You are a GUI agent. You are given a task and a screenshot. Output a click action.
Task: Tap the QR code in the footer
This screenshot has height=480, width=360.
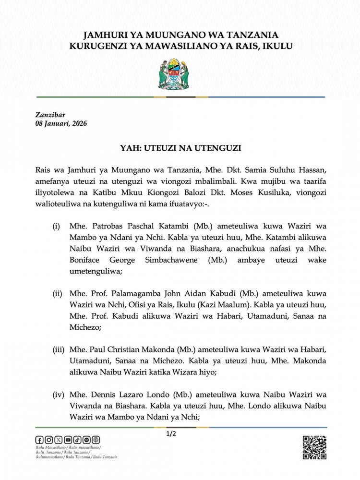point(314,447)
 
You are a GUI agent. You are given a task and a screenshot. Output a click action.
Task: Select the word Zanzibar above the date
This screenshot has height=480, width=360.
point(50,115)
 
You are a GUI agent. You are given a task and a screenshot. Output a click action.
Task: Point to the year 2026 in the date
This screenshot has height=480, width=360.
point(78,124)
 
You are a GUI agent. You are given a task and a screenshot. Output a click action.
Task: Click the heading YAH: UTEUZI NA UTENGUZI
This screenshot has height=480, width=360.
point(180,149)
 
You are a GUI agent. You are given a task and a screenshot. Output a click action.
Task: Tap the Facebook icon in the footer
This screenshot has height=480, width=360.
point(39,440)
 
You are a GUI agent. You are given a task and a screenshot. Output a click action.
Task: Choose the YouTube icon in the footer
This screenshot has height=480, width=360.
point(68,440)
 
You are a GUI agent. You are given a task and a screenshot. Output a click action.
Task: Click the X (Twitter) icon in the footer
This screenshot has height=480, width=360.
point(59,440)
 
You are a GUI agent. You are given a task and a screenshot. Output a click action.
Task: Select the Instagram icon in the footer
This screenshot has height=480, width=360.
point(49,440)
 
